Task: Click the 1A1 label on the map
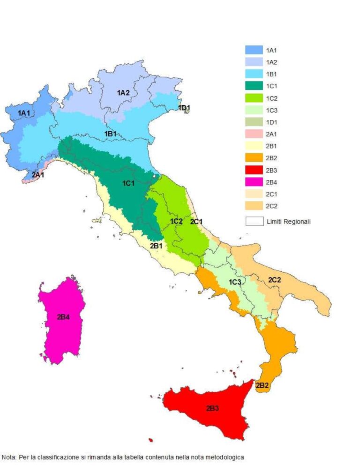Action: click(24, 113)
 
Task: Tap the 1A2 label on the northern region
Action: click(123, 93)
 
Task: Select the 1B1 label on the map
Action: click(110, 134)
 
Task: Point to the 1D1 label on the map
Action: click(184, 108)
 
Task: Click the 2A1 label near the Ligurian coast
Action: click(38, 174)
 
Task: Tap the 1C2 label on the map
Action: click(176, 221)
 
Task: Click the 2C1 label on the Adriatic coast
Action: click(196, 221)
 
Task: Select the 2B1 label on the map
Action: click(156, 245)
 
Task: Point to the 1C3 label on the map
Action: click(235, 282)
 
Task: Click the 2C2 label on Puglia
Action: click(274, 280)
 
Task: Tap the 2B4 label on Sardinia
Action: click(63, 317)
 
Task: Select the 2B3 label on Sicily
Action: click(212, 408)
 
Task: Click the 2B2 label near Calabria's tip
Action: click(262, 385)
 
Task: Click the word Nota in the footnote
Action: click(8, 456)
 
